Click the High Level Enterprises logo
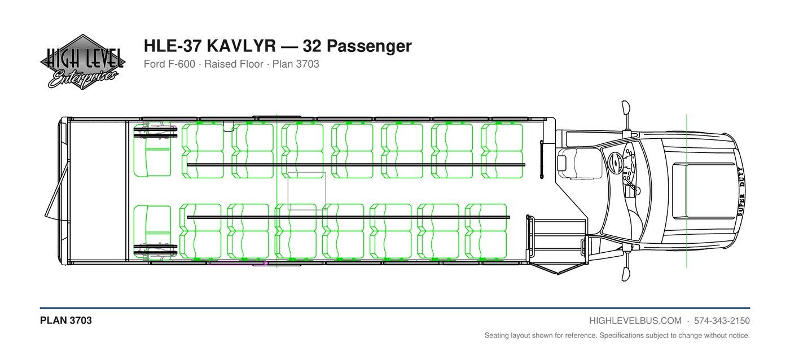tap(82, 62)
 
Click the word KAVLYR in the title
tap(242, 46)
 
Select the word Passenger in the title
tap(369, 46)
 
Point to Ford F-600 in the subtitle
tap(169, 64)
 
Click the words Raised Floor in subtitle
tap(234, 64)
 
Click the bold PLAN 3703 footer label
tap(66, 321)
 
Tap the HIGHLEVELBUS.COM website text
tap(635, 321)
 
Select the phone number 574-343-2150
tap(722, 321)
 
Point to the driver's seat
tap(580, 163)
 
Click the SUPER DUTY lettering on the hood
tap(740, 191)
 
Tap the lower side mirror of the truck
tap(625, 274)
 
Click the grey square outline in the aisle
tap(306, 191)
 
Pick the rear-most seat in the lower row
tap(152, 232)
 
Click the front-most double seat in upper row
tap(502, 151)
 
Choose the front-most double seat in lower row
tap(486, 231)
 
